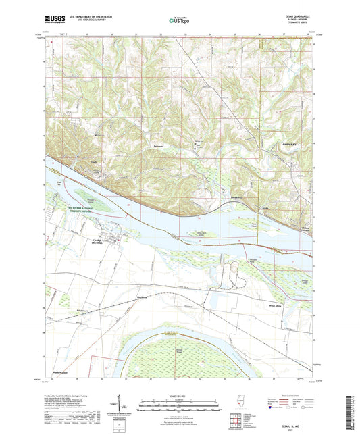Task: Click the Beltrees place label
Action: click(158, 146)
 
